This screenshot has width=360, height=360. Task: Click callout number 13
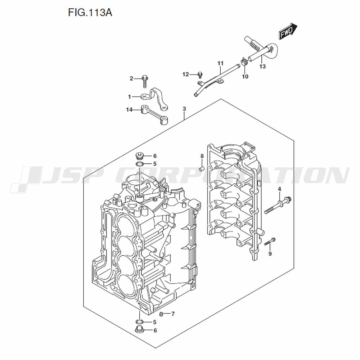coord(262,66)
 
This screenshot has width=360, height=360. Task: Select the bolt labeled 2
coord(145,81)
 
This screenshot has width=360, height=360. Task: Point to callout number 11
coord(220,63)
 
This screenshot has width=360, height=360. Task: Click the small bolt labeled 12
coord(200,75)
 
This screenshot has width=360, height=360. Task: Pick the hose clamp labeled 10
coord(244,62)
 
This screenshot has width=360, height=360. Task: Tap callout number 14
coord(129,110)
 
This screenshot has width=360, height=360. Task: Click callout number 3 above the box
coord(184,109)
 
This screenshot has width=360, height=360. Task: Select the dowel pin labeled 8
coord(202,169)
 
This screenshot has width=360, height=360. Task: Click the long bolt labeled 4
coord(278,205)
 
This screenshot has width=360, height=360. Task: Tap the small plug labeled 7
coord(161,314)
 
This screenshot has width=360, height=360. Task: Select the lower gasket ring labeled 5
coord(139,321)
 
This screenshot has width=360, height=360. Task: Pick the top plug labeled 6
coord(140,156)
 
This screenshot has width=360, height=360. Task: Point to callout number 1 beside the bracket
coord(129,97)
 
